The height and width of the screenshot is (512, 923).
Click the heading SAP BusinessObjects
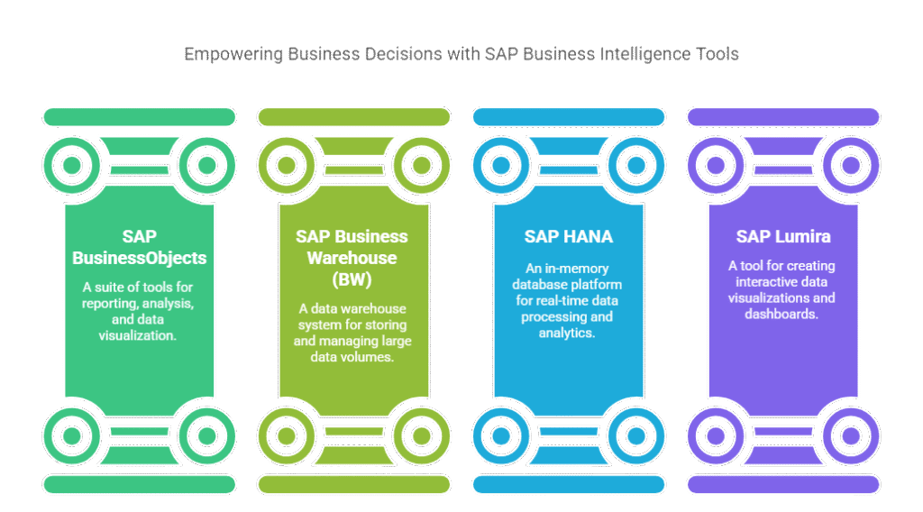140,247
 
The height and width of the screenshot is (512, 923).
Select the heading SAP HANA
568,237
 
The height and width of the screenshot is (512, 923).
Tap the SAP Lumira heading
782,237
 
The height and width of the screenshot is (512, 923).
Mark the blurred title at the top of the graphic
461,54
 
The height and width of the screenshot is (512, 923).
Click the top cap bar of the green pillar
140,116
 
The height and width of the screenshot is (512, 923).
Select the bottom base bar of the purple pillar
782,484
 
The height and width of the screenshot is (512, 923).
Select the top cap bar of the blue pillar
568,116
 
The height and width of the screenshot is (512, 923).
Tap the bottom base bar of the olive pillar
353,484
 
